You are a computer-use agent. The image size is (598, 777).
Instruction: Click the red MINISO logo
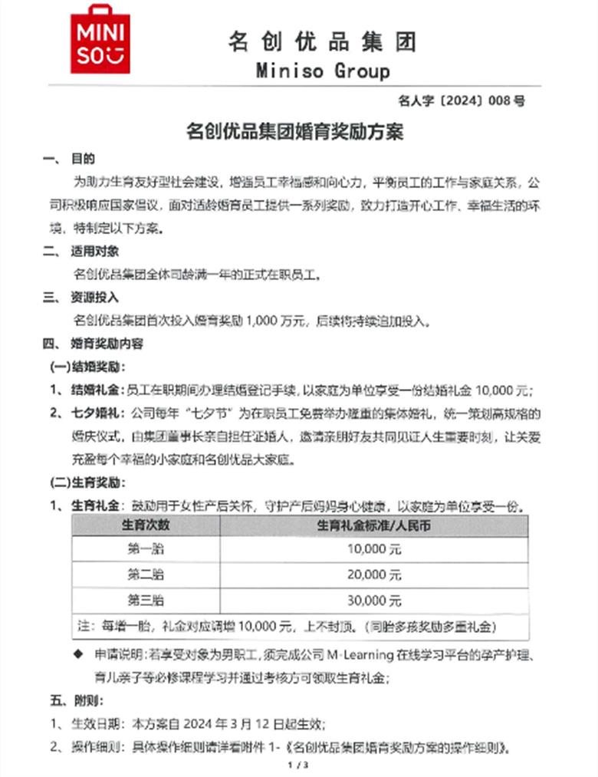tap(100, 39)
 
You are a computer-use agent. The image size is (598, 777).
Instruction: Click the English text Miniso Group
tap(322, 71)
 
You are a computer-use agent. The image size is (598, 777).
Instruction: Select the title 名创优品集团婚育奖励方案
tap(295, 132)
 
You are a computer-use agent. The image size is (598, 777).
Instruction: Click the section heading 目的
tap(83, 160)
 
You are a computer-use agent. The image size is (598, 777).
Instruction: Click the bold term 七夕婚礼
tap(97, 414)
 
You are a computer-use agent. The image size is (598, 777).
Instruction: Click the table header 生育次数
tap(146, 525)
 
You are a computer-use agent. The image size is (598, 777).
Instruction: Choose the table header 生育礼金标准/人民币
tap(374, 525)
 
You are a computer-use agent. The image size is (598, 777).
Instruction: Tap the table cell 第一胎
tap(146, 549)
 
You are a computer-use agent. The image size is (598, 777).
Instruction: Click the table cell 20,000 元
tap(374, 575)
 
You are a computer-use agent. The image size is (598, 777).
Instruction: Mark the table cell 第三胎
tap(146, 600)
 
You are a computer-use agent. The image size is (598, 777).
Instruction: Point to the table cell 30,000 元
tap(374, 600)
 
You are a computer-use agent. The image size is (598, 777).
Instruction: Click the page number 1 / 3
tap(297, 765)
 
